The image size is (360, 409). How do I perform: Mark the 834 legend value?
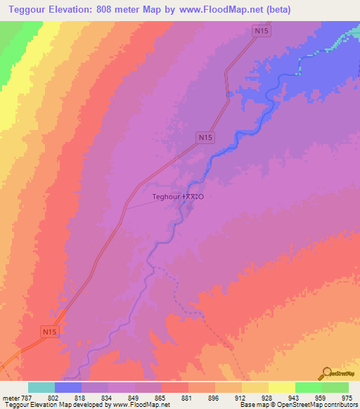pos(108,398)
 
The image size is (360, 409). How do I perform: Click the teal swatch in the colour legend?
pos(41,387)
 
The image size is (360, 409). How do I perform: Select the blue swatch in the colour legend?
pos(68,387)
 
